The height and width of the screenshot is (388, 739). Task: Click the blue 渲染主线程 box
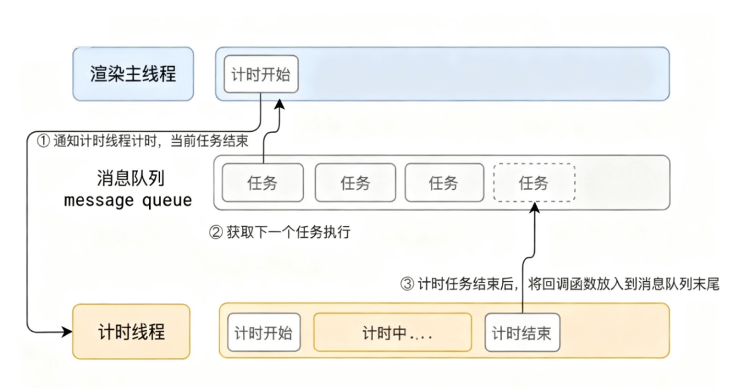tap(132, 74)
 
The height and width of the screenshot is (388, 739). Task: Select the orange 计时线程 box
tap(131, 332)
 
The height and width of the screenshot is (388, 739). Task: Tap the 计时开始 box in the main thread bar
tap(261, 74)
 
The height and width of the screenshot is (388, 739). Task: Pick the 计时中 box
tap(393, 333)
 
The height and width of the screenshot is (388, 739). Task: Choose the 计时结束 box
tap(521, 333)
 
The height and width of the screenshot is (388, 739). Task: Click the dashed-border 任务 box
tap(534, 183)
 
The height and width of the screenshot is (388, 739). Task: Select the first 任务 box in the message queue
tap(262, 183)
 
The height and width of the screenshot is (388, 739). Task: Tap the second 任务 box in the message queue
tap(355, 183)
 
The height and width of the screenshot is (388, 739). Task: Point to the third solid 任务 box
tap(444, 183)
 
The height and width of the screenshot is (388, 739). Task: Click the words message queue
tap(128, 200)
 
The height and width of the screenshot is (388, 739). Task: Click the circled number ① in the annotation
tap(43, 141)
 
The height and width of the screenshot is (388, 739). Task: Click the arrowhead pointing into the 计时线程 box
tap(67, 332)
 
